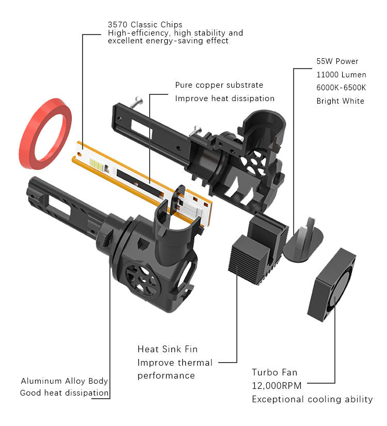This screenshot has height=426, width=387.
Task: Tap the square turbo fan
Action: (332, 284)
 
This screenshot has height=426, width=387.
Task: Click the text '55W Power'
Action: (337, 61)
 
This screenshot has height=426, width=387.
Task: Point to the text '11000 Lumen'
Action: (341, 75)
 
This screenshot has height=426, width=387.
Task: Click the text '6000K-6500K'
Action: (341, 88)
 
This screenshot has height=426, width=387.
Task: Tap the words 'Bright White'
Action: (340, 101)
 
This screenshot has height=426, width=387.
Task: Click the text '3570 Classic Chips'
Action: (144, 25)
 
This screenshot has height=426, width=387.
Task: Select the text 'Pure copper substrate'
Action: (219, 85)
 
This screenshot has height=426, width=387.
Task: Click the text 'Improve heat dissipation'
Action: (224, 99)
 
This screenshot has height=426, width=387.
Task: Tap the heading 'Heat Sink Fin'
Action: (167, 350)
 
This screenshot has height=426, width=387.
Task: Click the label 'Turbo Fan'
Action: (275, 372)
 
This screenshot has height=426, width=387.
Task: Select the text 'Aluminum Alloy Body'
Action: (64, 381)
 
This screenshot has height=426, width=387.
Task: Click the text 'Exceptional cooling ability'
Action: (312, 399)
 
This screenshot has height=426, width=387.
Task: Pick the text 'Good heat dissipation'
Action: (64, 394)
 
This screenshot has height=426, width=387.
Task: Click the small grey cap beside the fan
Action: (303, 242)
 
